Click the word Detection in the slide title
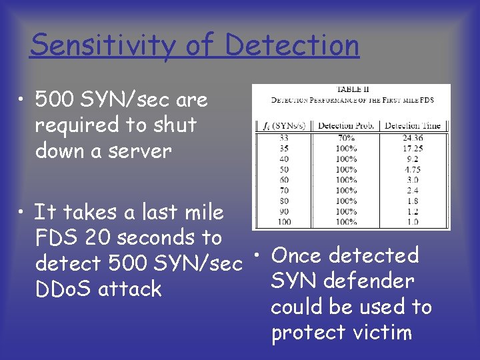[x=292, y=45]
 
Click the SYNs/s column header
[x=283, y=125]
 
